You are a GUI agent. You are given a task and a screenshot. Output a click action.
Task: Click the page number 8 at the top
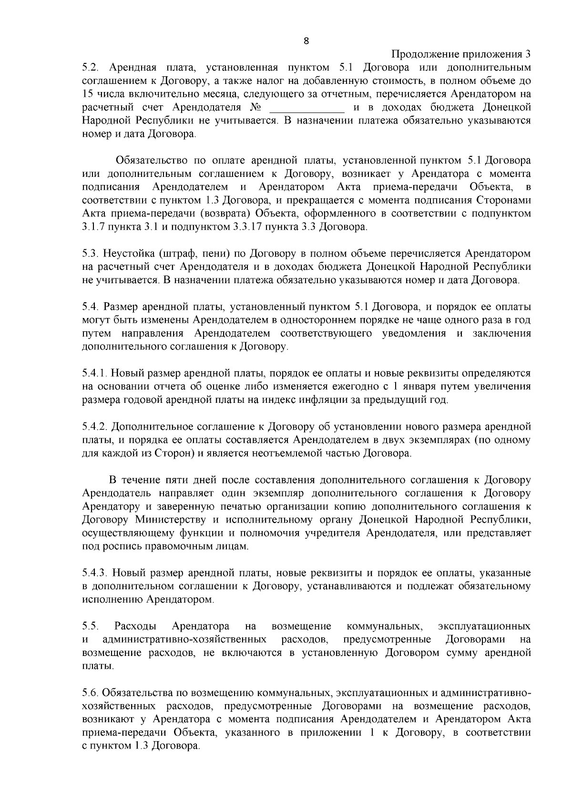[306, 41]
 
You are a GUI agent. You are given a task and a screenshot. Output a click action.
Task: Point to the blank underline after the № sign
[307, 107]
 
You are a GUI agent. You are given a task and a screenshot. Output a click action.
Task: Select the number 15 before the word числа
[88, 94]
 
